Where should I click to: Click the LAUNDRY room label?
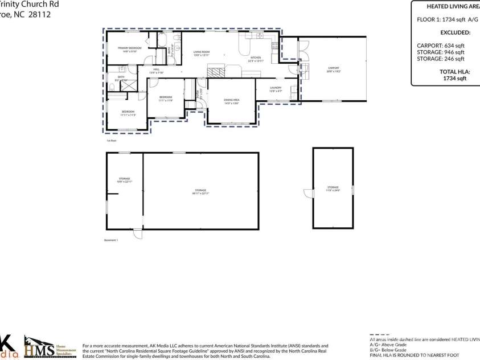pyautogui.click(x=276, y=88)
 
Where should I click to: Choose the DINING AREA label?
pyautogui.click(x=231, y=101)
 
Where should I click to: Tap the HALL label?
pyautogui.click(x=156, y=71)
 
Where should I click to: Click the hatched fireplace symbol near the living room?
pyautogui.click(x=216, y=72)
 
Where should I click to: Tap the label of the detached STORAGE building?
pyautogui.click(x=333, y=189)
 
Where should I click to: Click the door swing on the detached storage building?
pyautogui.click(x=309, y=194)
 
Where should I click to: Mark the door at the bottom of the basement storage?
pyautogui.click(x=138, y=234)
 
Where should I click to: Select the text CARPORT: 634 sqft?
pyautogui.click(x=441, y=45)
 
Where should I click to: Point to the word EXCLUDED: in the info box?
pyautogui.click(x=455, y=32)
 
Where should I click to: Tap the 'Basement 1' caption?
pyautogui.click(x=110, y=240)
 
